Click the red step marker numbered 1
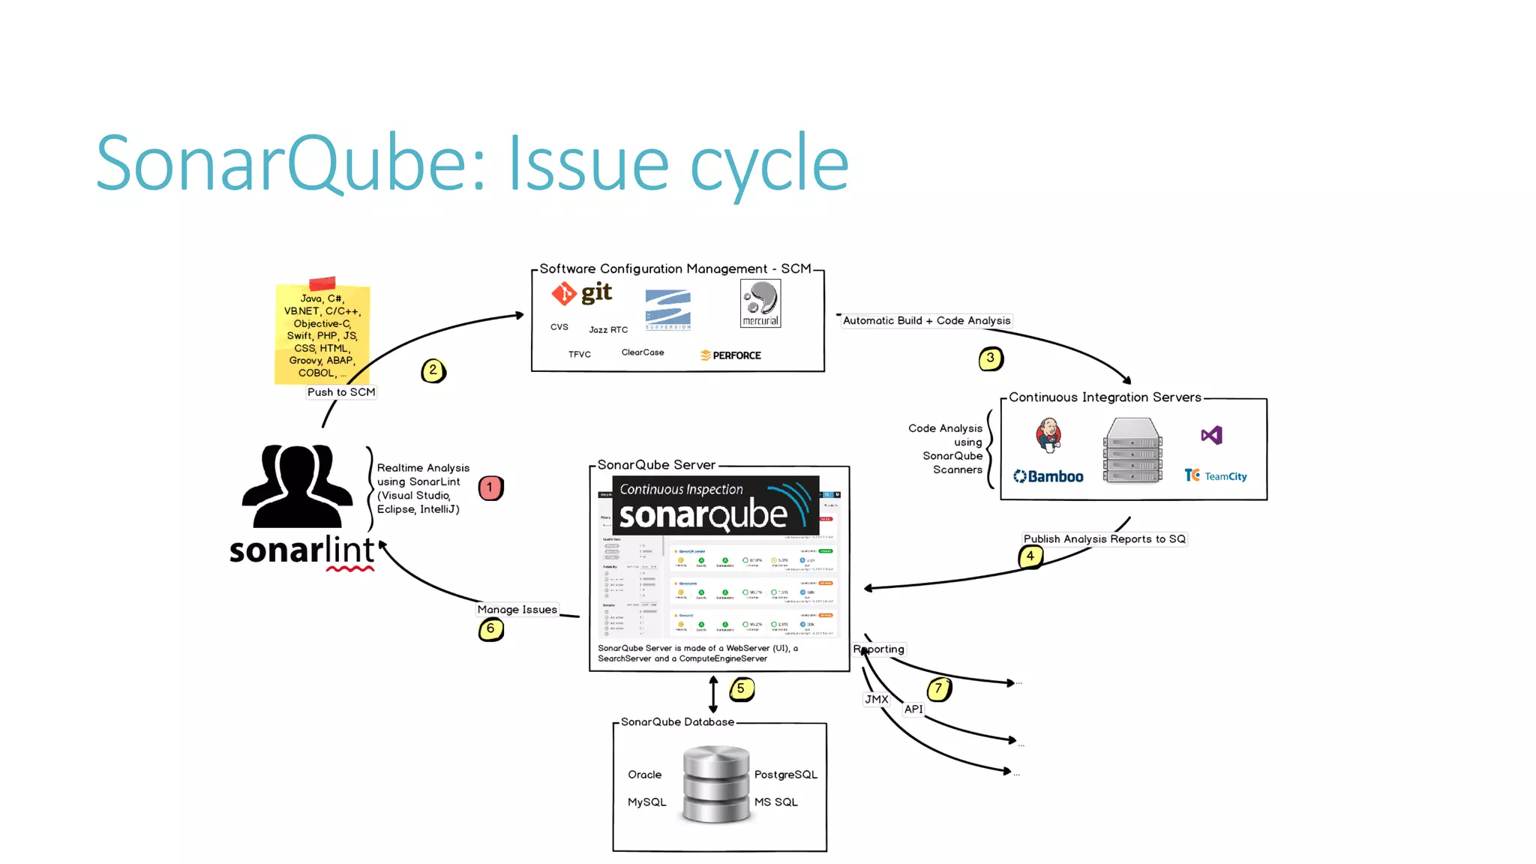pos(490,488)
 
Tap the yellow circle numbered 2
pos(433,370)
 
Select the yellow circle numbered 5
pos(741,688)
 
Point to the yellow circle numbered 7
pos(938,688)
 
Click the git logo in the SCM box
pos(583,293)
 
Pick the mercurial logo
pos(760,303)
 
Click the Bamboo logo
pos(1048,476)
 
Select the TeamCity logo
pos(1216,475)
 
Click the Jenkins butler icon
pos(1048,435)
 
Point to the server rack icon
pos(1132,451)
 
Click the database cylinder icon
pos(715,784)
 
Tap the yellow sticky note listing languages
pos(322,334)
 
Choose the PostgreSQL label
pos(785,775)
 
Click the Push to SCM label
pos(341,392)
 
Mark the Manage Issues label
pos(517,610)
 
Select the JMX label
pos(876,699)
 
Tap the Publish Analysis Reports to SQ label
pos(1104,539)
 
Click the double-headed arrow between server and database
pos(713,694)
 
